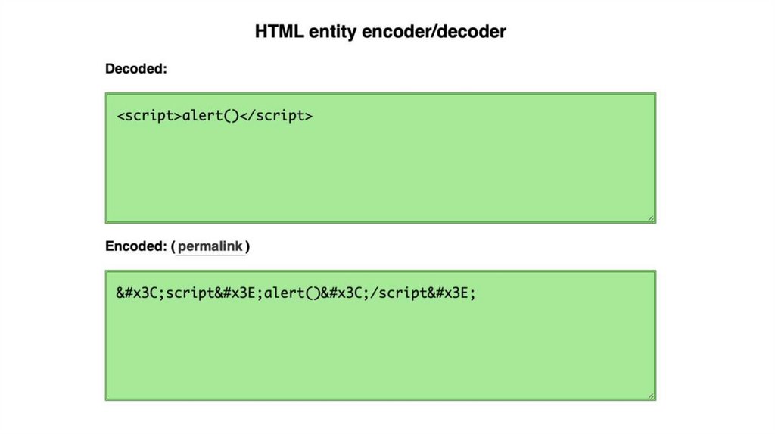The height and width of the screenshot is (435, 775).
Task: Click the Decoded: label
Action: pyautogui.click(x=135, y=69)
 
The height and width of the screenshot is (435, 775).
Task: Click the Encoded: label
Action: pyautogui.click(x=135, y=246)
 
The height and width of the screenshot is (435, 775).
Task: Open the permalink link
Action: pyautogui.click(x=210, y=246)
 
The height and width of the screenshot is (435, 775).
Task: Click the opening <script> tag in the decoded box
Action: pyautogui.click(x=150, y=116)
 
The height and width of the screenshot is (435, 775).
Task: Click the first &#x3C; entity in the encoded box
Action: pyautogui.click(x=141, y=293)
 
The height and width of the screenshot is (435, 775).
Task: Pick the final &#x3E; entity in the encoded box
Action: pyautogui.click(x=450, y=293)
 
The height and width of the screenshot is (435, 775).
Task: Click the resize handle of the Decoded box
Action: pyautogui.click(x=651, y=218)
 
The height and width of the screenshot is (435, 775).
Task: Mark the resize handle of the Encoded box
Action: pyautogui.click(x=651, y=396)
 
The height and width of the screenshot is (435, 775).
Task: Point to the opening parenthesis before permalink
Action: pyautogui.click(x=173, y=246)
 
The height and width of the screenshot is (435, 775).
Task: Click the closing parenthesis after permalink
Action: pyautogui.click(x=247, y=246)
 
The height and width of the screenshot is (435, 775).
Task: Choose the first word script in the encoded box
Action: pyautogui.click(x=190, y=293)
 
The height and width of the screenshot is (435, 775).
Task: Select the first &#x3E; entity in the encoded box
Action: pyautogui.click(x=239, y=293)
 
